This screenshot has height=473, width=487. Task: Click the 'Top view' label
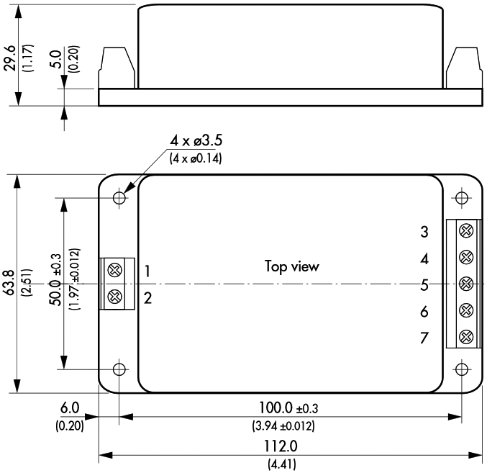click(x=291, y=266)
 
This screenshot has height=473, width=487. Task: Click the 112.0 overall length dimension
click(x=291, y=446)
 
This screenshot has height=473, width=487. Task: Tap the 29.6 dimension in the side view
click(x=10, y=55)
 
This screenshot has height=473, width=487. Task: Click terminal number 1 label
click(x=147, y=271)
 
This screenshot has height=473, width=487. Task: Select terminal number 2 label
click(x=147, y=297)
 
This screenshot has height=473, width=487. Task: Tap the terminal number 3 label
click(x=425, y=232)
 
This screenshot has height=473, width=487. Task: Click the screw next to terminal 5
click(x=465, y=283)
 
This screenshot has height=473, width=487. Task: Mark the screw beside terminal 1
click(x=114, y=271)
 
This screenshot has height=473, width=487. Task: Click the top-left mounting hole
click(x=119, y=197)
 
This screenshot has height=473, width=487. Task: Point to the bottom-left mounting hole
click(x=119, y=369)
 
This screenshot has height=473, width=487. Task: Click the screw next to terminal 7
click(x=465, y=335)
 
